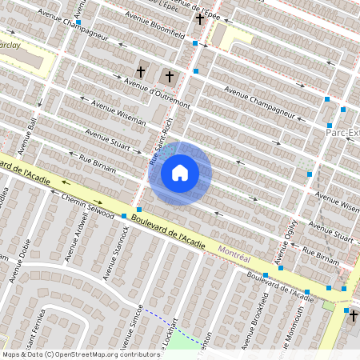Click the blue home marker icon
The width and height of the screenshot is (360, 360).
point(180,173)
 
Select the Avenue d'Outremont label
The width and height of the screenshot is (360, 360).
point(157,94)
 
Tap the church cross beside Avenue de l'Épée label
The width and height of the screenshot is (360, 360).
point(199,18)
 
